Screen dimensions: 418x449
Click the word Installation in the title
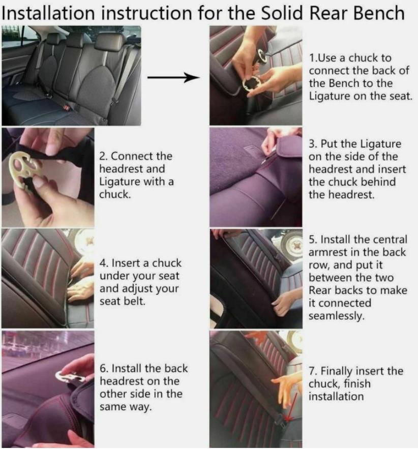(x=48, y=13)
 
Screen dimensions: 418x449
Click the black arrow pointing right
(x=173, y=77)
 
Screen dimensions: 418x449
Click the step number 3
(x=312, y=144)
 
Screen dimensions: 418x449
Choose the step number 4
(x=103, y=263)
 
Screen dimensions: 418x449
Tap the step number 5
(x=312, y=240)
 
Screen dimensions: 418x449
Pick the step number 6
(x=103, y=369)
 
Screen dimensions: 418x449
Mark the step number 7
(x=312, y=371)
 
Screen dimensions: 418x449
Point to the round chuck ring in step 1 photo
(x=251, y=83)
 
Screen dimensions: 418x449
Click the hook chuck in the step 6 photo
(x=71, y=377)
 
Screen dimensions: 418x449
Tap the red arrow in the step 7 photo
(x=291, y=407)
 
